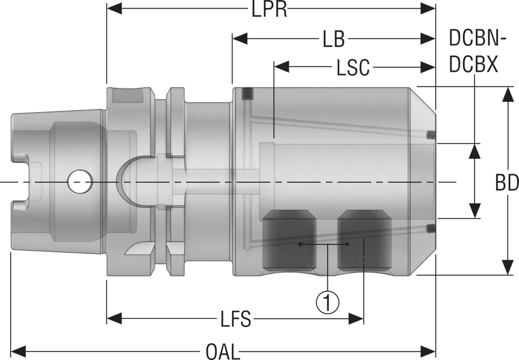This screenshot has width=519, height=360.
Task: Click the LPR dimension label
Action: coord(270,9)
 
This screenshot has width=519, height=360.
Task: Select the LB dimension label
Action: coord(333,39)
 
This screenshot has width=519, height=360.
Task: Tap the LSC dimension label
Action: coord(353,67)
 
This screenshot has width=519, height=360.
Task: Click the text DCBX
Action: coord(474,65)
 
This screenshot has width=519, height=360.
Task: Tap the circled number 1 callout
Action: coord(327,303)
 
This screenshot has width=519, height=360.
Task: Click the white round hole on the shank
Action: coord(80,182)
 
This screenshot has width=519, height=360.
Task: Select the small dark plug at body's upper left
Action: coord(248,94)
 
